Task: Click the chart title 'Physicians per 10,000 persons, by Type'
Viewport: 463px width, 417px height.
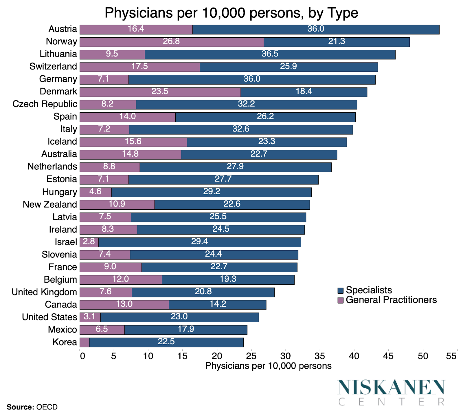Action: [x=231, y=13]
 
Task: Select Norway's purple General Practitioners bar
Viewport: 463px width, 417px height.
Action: [x=171, y=42]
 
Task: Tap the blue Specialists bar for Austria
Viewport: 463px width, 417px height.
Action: [x=315, y=29]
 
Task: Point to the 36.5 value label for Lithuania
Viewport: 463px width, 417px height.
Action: [x=270, y=54]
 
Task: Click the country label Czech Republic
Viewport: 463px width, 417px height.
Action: [x=45, y=104]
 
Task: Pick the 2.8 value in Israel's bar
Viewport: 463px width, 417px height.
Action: [x=89, y=242]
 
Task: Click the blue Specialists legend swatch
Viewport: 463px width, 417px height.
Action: [x=340, y=290]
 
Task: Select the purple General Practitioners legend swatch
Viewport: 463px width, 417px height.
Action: [x=340, y=300]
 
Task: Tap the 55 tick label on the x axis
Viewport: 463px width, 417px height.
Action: [x=451, y=356]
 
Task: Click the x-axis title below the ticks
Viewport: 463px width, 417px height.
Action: [x=268, y=366]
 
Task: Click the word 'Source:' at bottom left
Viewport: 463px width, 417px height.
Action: [x=20, y=407]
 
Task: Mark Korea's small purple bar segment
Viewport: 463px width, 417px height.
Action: [x=84, y=342]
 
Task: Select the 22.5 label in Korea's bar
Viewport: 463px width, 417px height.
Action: [x=166, y=342]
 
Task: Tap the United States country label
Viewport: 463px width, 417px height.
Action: [x=49, y=317]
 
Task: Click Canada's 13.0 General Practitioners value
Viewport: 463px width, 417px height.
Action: [x=124, y=304]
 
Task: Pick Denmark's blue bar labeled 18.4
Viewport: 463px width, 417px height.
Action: [x=304, y=92]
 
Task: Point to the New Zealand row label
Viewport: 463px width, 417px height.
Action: [x=50, y=204]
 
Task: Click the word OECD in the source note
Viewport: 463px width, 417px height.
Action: [x=47, y=407]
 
